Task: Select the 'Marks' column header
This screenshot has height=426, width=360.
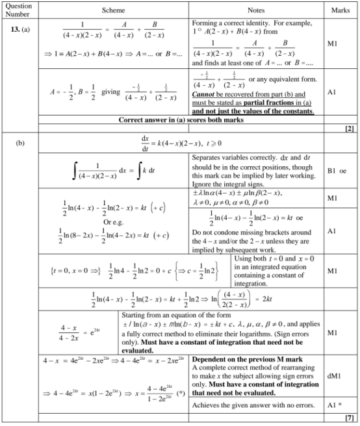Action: [x=341, y=10]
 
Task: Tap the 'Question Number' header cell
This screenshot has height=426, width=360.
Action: [x=17, y=10]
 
